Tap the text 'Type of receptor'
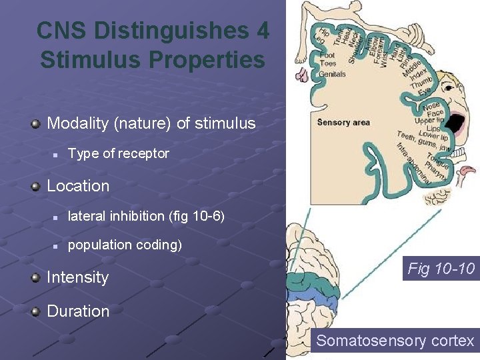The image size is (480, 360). pyautogui.click(x=119, y=153)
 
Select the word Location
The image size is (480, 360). pyautogui.click(x=78, y=186)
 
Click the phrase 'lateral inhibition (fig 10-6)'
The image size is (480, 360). pyautogui.click(x=146, y=216)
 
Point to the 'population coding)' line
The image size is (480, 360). pyautogui.click(x=125, y=245)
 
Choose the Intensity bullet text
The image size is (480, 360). pyautogui.click(x=77, y=277)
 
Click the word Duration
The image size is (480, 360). pyautogui.click(x=78, y=311)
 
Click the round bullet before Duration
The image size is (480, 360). pyautogui.click(x=37, y=311)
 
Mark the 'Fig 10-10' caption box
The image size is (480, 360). pyautogui.click(x=441, y=269)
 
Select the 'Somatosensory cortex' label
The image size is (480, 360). pyautogui.click(x=395, y=341)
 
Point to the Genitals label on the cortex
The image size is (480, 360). pyautogui.click(x=332, y=74)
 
